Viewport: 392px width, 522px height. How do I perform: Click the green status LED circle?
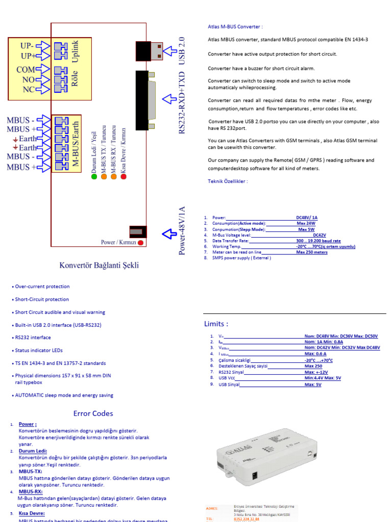point(94,177)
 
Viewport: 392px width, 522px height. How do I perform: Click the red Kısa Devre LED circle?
point(123,177)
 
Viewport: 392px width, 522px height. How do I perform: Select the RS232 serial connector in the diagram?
point(145,100)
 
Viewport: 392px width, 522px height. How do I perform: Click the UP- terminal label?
point(27,46)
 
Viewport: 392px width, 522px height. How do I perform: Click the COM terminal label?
point(25,70)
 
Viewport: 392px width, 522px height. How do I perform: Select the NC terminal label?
point(28,89)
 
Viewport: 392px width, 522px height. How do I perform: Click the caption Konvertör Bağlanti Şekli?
point(99,265)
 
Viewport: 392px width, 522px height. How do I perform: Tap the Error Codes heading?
point(93,413)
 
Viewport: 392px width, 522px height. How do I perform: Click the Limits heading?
point(216,324)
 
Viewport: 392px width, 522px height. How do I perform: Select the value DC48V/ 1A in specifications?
point(306,217)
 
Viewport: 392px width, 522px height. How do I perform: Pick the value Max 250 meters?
point(312,252)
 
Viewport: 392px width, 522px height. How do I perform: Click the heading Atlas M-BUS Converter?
point(235,27)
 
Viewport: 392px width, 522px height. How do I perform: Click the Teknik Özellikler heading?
point(228,181)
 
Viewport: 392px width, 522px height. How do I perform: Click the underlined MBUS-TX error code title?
point(30,472)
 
